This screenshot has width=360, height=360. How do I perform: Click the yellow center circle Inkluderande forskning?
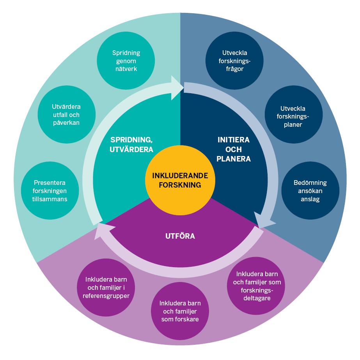pyautogui.click(x=180, y=180)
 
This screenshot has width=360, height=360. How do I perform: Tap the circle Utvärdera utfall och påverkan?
pyautogui.click(x=66, y=114)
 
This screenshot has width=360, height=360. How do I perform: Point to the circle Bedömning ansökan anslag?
pyautogui.click(x=310, y=191)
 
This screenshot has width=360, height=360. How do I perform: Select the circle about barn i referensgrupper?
pyautogui.click(x=106, y=287)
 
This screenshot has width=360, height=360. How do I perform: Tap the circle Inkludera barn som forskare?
pyautogui.click(x=180, y=311)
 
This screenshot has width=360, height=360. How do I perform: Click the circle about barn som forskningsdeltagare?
pyautogui.click(x=254, y=286)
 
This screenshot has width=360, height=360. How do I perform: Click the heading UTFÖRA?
pyautogui.click(x=180, y=236)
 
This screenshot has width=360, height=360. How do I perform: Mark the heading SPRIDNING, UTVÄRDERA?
pyautogui.click(x=131, y=144)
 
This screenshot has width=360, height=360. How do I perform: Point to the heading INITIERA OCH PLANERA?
pyautogui.click(x=234, y=149)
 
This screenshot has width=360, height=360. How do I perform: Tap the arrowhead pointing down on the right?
pyautogui.click(x=260, y=221)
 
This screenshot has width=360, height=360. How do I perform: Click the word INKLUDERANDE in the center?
pyautogui.click(x=180, y=176)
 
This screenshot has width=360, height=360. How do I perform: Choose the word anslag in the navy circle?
pyautogui.click(x=310, y=199)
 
